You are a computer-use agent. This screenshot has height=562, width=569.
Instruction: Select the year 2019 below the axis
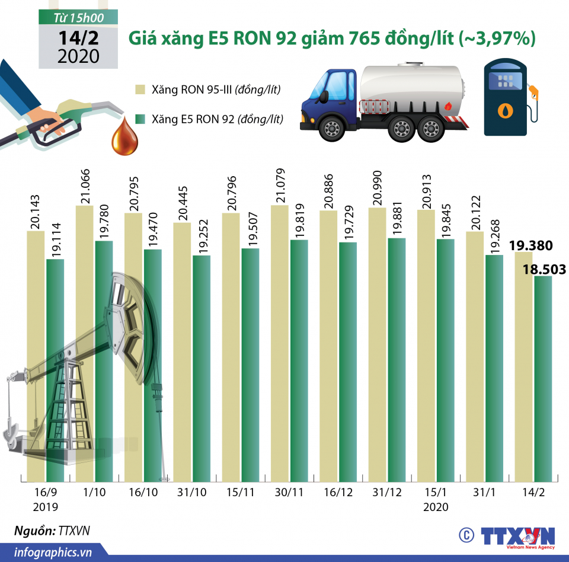click(x=45, y=507)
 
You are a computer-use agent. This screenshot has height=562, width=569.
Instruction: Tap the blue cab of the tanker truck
click(x=328, y=98)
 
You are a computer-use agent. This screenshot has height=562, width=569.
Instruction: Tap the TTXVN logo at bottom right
click(x=517, y=535)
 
